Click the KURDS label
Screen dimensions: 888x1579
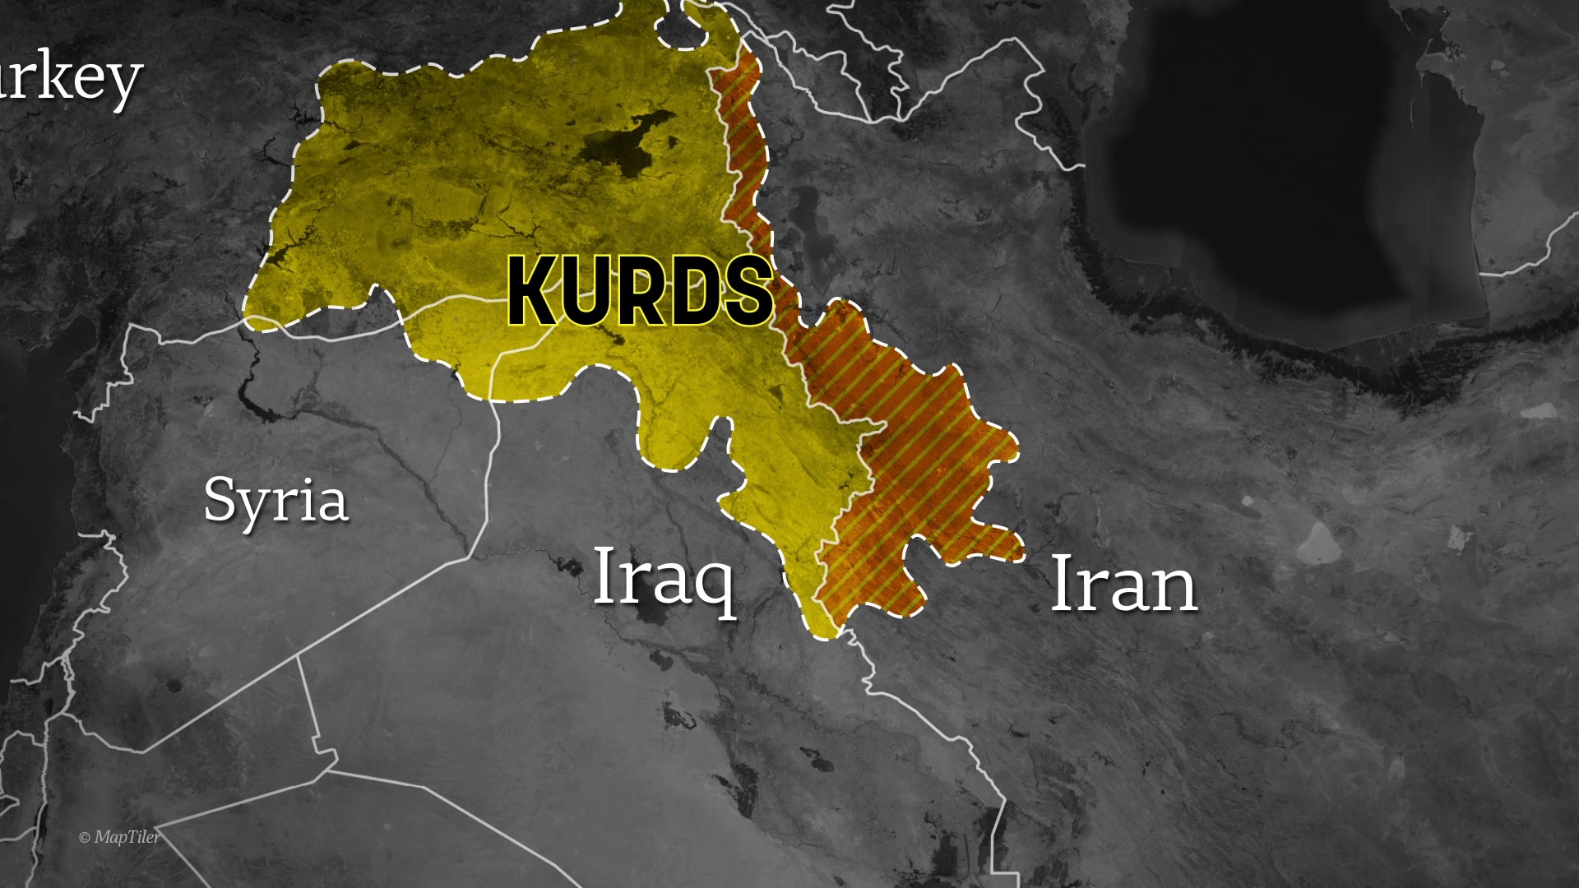pyautogui.click(x=640, y=291)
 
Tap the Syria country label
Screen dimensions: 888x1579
pyautogui.click(x=276, y=500)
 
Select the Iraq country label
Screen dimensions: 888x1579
pyautogui.click(x=663, y=576)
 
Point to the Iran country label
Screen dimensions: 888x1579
pyautogui.click(x=1123, y=584)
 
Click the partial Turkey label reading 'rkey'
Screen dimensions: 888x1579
pyautogui.click(x=70, y=79)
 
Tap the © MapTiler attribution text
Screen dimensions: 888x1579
pyautogui.click(x=119, y=837)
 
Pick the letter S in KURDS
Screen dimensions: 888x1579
pyautogui.click(x=746, y=291)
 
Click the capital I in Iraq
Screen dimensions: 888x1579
pyautogui.click(x=603, y=575)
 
